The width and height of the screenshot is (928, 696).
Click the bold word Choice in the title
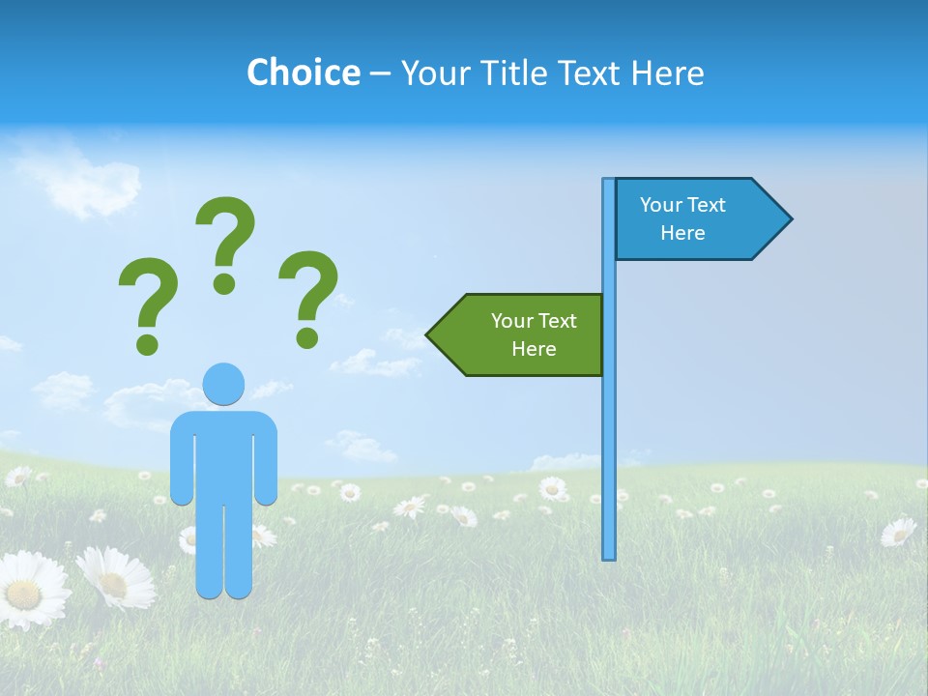click(303, 72)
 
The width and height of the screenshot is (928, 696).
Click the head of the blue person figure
click(223, 384)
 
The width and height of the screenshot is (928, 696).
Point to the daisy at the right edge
click(898, 532)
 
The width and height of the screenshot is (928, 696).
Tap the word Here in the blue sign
click(682, 233)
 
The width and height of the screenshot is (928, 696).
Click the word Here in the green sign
click(534, 349)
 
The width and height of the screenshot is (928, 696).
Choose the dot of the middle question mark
click(224, 283)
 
